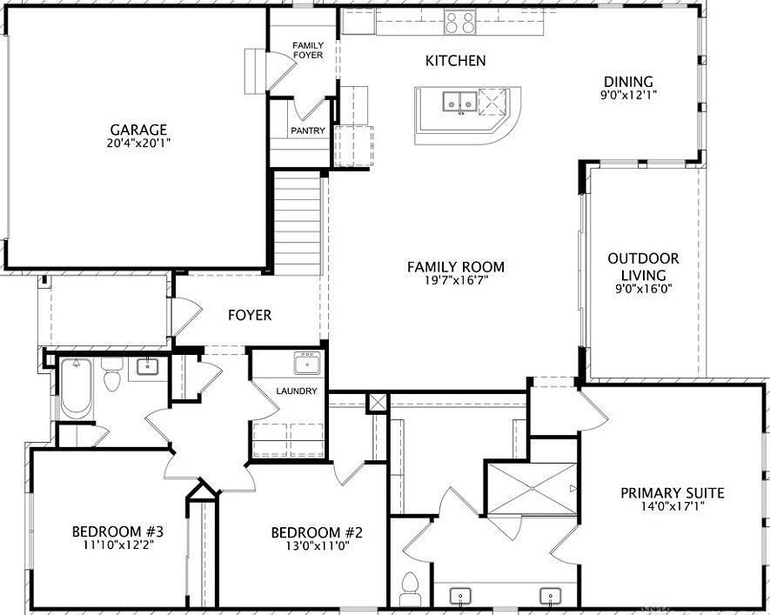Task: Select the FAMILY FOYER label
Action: (307, 50)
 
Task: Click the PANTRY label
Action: (308, 131)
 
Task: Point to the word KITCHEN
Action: (455, 61)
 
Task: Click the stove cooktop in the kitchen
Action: (460, 23)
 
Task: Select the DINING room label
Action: (627, 82)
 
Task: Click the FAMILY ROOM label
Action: (455, 267)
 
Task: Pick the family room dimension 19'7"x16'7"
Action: (455, 281)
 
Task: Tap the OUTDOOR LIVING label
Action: (643, 266)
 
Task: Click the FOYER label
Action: (250, 315)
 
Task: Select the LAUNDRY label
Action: (297, 391)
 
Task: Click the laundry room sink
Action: (307, 361)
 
